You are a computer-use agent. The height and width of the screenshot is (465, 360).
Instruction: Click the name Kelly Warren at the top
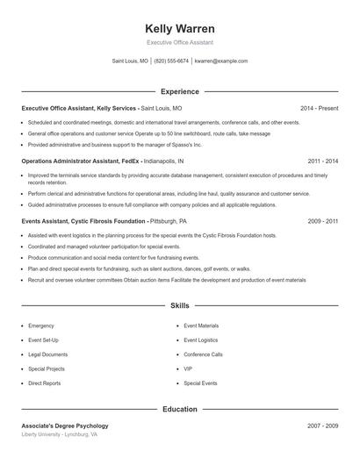click(179, 28)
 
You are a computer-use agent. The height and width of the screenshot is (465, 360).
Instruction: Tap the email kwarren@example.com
click(221, 61)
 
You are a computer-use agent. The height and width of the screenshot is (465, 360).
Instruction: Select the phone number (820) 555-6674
click(171, 61)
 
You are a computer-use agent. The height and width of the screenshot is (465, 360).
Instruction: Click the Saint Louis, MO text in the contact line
click(130, 61)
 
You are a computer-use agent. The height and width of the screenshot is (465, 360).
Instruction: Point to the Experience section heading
click(180, 91)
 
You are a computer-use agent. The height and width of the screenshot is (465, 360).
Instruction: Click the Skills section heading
click(180, 305)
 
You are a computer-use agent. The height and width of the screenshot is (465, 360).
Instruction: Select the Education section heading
click(180, 409)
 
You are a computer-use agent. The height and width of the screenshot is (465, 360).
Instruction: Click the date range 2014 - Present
click(319, 108)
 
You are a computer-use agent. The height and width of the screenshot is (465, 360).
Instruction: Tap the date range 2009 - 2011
click(323, 222)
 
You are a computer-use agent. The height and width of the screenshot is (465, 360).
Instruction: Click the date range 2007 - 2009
click(323, 426)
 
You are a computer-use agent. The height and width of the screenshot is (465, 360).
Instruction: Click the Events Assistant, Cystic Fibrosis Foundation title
click(84, 222)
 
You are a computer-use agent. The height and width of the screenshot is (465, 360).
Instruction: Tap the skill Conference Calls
click(203, 354)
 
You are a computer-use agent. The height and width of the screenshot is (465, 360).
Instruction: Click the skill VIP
click(188, 369)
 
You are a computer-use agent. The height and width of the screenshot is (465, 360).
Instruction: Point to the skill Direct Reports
click(45, 383)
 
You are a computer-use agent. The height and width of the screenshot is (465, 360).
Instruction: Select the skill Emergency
click(41, 325)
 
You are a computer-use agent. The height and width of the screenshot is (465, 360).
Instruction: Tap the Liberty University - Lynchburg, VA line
click(60, 435)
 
